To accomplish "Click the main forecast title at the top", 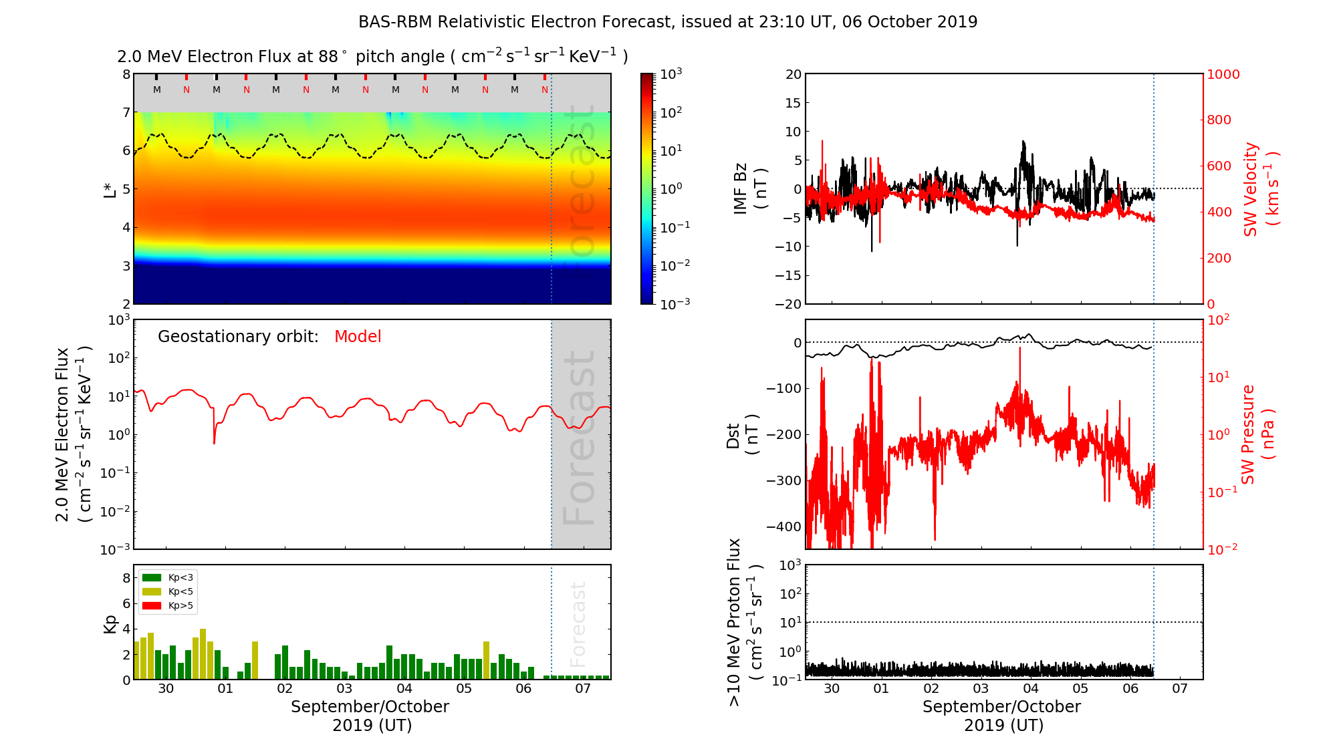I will tap(668, 22).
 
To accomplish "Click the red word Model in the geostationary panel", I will tap(358, 337).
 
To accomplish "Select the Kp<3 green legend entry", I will tap(168, 577).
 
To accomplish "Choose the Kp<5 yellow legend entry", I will tap(168, 591).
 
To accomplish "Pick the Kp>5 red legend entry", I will tap(168, 606).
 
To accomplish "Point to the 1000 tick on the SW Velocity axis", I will tap(1223, 74).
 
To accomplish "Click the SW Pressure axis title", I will tap(1257, 434).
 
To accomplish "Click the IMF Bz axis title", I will tap(749, 189).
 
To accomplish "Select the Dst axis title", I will tap(742, 435).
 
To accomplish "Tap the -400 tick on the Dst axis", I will tap(783, 527).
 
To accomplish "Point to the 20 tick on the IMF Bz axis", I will tap(793, 74).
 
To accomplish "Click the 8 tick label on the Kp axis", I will tap(126, 578).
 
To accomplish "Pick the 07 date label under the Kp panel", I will tap(583, 689).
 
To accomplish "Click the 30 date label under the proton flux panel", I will tap(831, 689).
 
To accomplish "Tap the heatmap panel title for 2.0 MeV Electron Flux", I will tap(372, 57).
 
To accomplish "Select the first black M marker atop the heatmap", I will tap(156, 90).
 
